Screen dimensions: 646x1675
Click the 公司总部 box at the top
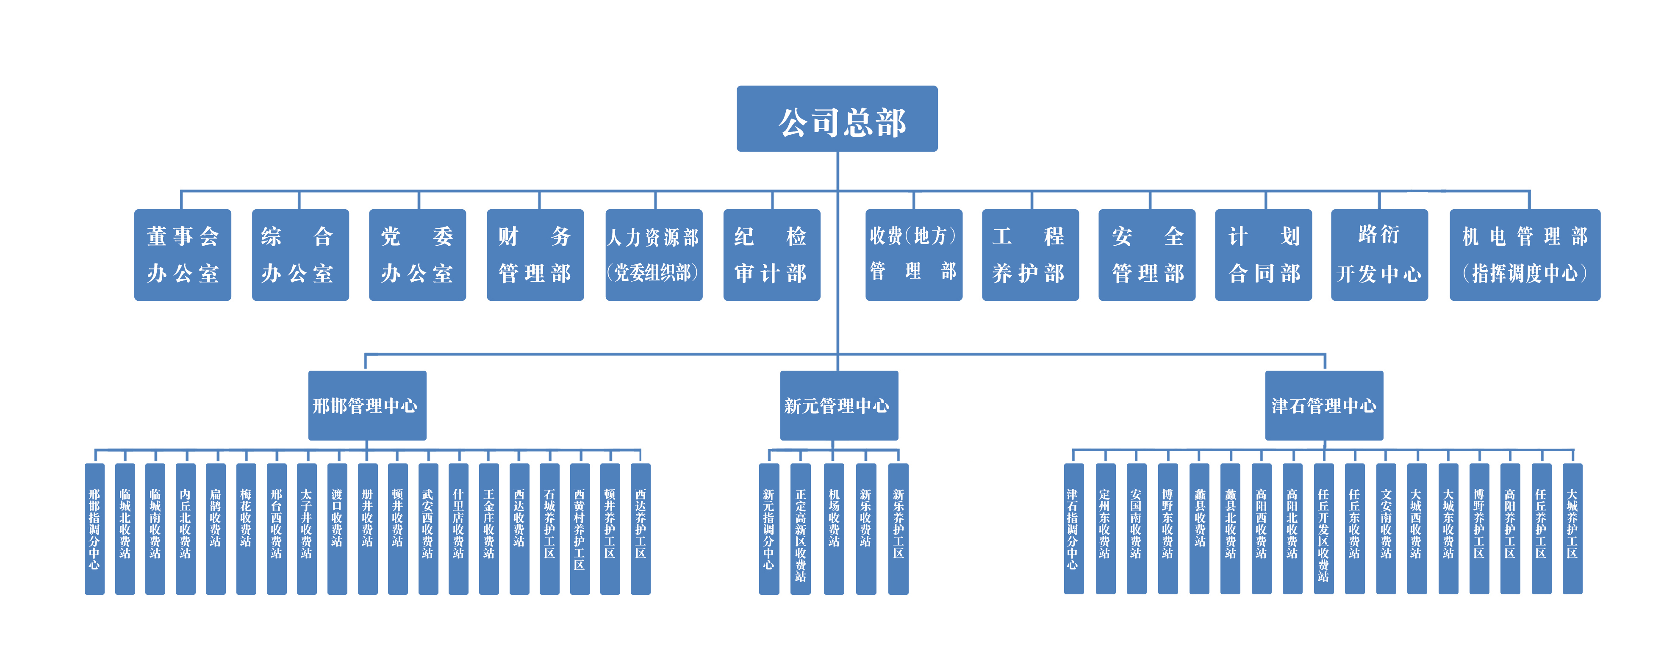click(837, 119)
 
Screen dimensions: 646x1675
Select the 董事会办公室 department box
click(183, 255)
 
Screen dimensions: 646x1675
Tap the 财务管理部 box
click(535, 255)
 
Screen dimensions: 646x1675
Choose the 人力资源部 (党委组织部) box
click(654, 255)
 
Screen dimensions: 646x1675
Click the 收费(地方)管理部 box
click(914, 255)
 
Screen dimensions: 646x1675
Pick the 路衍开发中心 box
click(1379, 255)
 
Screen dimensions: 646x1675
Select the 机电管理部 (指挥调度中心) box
click(1524, 255)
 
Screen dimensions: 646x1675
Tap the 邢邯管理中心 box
click(367, 405)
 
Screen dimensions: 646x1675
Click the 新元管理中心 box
click(839, 405)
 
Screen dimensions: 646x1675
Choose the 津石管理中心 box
click(1324, 405)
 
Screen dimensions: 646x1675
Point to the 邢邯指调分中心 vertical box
click(94, 528)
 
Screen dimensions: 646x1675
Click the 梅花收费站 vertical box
click(246, 528)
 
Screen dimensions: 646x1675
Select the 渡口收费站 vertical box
click(337, 528)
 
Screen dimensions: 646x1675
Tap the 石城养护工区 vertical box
click(549, 528)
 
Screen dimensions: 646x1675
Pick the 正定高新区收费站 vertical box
click(801, 528)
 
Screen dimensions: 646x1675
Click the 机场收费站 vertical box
click(834, 528)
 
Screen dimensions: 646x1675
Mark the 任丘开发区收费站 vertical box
click(1323, 528)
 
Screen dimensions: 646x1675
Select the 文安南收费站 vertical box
click(1386, 528)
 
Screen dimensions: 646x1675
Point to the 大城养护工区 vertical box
click(1572, 528)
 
